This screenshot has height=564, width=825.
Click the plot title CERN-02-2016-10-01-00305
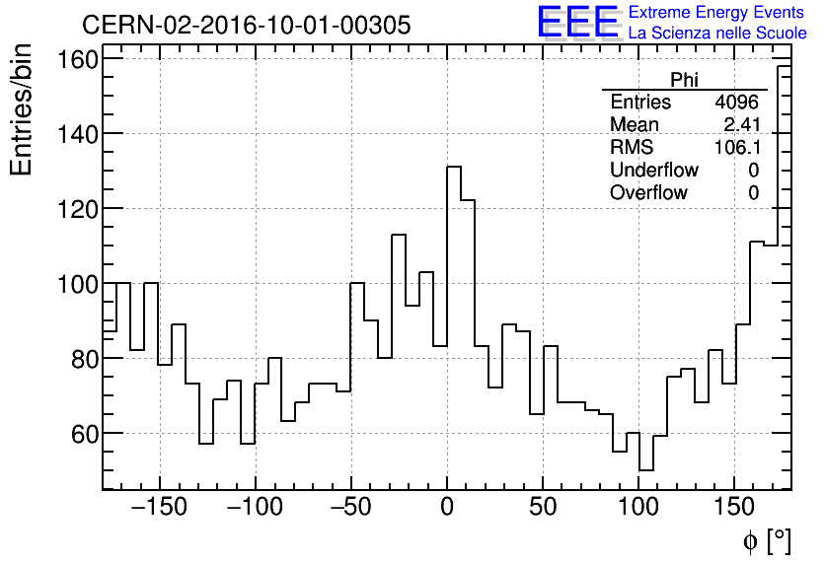246,25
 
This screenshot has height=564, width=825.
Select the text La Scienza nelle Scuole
717,34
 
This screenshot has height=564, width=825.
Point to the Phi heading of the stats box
684,81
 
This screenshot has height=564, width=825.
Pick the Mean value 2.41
741,125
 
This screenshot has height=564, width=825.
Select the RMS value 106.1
736,148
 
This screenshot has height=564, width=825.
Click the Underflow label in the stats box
654,171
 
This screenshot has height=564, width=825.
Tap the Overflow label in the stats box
648,193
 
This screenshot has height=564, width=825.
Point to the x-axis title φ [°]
767,540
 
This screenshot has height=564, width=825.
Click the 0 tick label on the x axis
447,510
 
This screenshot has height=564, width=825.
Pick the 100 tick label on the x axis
638,510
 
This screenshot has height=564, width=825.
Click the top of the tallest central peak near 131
454,167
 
